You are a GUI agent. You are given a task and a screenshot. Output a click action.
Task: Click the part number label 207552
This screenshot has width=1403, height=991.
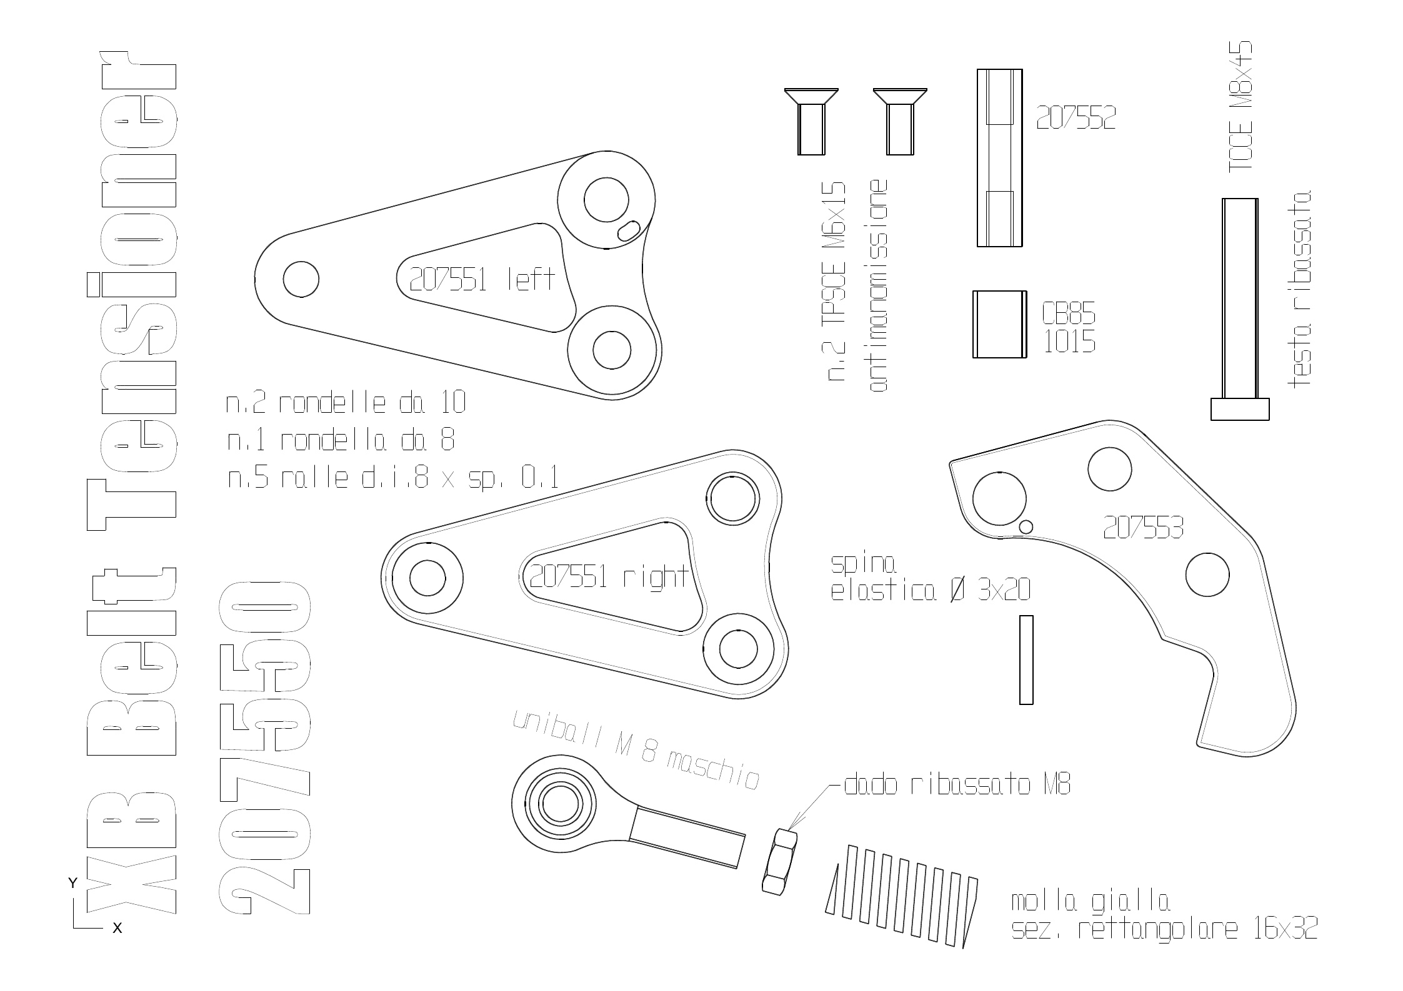click(1076, 117)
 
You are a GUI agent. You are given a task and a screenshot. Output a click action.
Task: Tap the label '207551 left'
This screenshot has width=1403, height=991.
click(482, 279)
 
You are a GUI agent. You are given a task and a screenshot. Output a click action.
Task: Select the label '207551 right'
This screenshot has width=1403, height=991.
click(609, 576)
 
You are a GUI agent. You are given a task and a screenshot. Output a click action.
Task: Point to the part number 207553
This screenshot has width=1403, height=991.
click(1143, 528)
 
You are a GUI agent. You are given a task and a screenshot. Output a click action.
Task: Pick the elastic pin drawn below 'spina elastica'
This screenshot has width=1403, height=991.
click(1026, 659)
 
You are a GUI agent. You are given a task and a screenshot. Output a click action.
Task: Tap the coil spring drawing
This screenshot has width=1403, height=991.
click(902, 897)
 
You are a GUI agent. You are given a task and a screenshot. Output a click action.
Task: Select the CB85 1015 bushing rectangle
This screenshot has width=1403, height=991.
click(999, 324)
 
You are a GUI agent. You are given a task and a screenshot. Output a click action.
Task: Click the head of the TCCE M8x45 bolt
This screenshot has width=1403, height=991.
click(1240, 409)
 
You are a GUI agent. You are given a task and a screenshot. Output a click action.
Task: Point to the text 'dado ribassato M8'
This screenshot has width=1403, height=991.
click(957, 785)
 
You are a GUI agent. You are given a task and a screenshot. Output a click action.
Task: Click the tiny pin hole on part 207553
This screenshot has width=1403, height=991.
click(1025, 526)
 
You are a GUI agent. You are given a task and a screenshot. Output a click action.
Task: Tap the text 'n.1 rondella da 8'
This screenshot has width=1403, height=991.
click(341, 441)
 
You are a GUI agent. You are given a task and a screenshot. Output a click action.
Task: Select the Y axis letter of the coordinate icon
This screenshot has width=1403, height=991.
click(72, 883)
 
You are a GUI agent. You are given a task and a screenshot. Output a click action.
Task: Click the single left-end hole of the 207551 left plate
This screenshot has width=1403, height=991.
click(301, 279)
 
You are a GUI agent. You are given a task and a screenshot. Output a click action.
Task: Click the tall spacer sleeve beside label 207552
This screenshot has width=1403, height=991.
click(1000, 157)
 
